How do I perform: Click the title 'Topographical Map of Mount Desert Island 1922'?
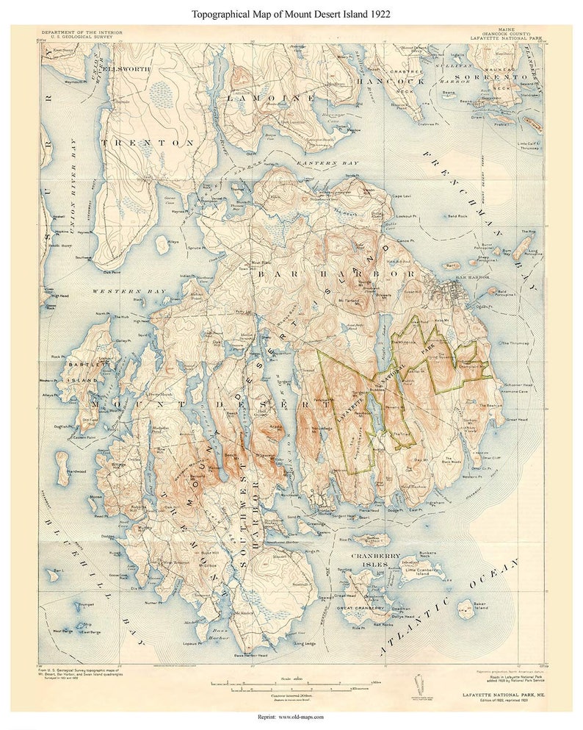pos(291,14)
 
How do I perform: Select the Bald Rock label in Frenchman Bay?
pos(457,218)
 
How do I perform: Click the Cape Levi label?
pos(403,196)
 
